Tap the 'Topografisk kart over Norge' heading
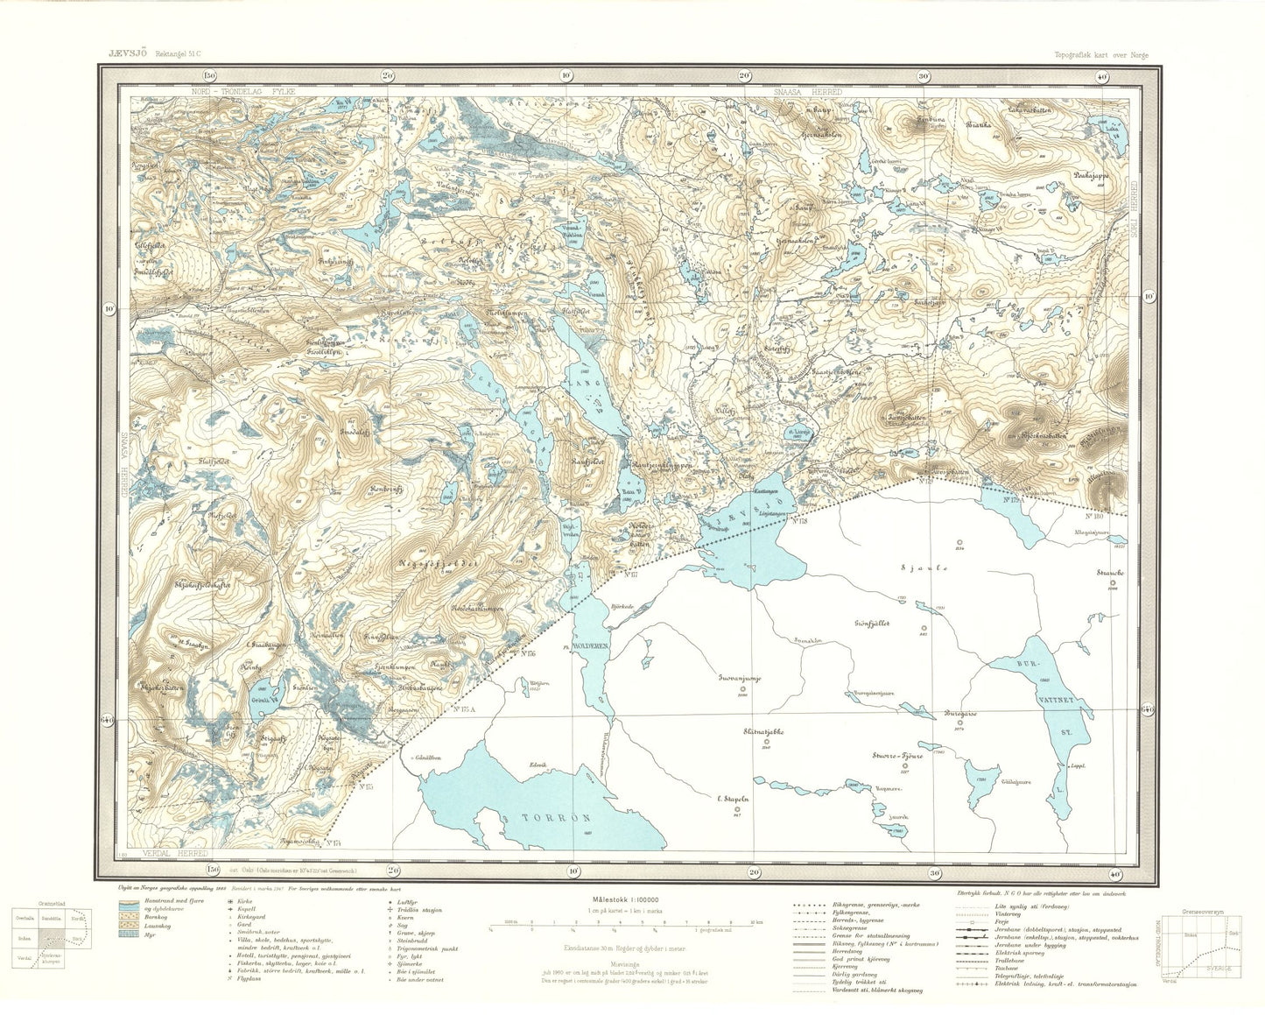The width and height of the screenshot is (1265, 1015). click(1102, 54)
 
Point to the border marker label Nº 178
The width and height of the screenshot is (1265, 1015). click(798, 522)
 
